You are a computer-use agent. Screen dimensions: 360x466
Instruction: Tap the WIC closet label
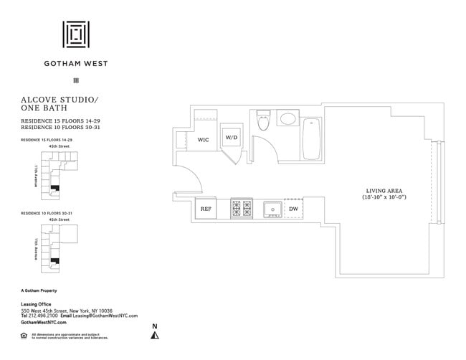click(204, 141)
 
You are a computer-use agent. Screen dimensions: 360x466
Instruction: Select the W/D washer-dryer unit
click(232, 137)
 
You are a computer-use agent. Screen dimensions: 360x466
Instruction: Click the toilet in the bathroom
click(262, 121)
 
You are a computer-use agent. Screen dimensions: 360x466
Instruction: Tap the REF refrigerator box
click(206, 209)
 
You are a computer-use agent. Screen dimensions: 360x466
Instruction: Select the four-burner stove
click(241, 209)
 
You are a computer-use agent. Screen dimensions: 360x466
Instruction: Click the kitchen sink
click(272, 209)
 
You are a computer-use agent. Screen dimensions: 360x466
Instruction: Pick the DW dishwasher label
click(293, 209)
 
